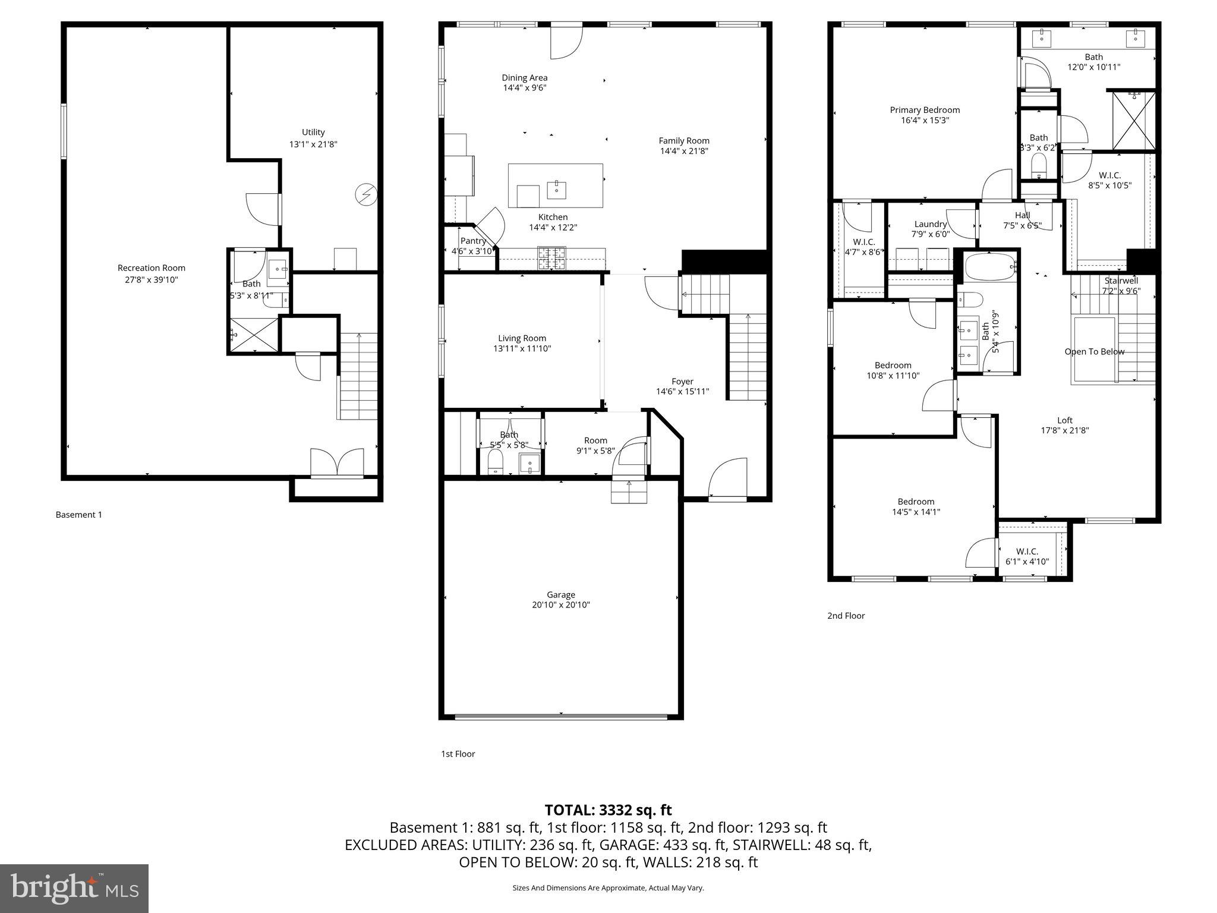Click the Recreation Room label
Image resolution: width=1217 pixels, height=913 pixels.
151,268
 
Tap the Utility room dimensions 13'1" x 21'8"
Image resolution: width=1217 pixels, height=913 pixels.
313,144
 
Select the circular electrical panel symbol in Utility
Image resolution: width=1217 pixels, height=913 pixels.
365,194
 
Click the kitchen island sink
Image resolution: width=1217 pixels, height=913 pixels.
557,190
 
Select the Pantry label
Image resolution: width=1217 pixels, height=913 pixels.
473,241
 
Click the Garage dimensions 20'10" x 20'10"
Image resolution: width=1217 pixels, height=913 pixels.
561,605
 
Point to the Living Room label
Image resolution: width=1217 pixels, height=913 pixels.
522,338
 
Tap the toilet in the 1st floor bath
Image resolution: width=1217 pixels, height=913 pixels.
495,462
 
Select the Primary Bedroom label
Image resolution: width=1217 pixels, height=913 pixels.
925,110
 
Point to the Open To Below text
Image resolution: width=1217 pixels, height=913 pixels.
1094,352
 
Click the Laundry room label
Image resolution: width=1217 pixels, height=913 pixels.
930,224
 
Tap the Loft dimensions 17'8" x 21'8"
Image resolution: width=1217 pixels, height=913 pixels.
1064,431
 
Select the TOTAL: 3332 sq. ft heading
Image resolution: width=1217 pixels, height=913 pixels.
608,810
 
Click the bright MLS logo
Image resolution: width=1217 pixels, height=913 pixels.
74,888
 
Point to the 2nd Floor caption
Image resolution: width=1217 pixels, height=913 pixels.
846,616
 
